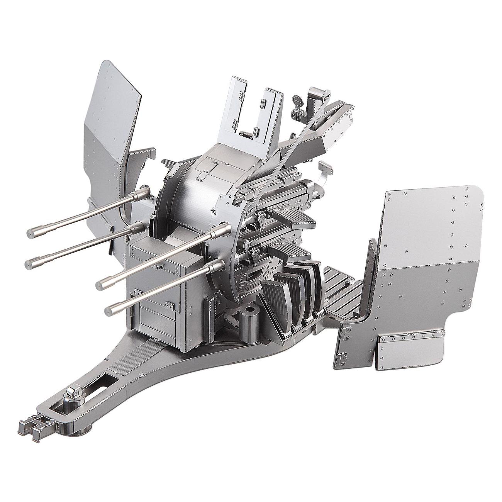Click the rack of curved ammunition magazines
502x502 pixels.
293,293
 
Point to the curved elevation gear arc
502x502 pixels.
247,278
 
